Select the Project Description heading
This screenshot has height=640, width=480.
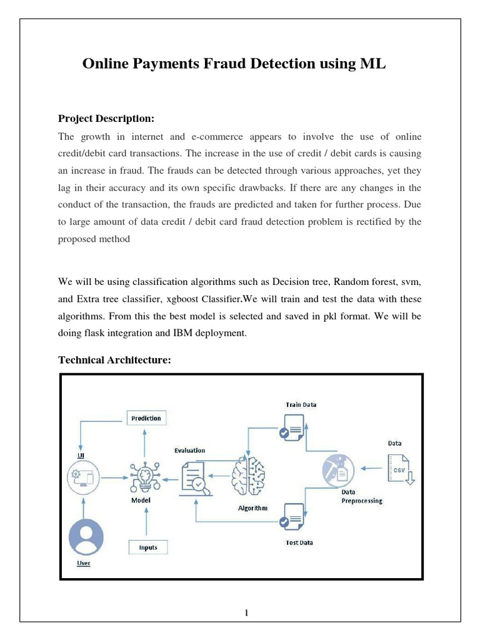106,118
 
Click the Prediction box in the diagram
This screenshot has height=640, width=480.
146,418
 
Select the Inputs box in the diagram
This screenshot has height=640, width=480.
148,547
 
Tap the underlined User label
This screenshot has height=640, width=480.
83,563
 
